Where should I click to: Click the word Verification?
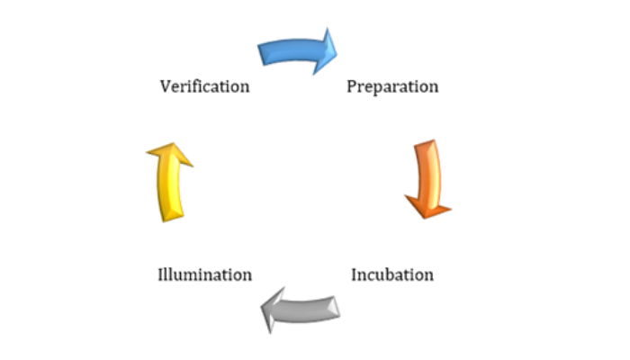click(x=204, y=86)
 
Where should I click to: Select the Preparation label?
click(x=392, y=86)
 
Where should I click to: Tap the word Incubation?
click(x=392, y=274)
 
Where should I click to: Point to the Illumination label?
click(x=205, y=274)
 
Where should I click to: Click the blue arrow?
click(x=297, y=51)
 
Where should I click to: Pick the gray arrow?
click(x=300, y=310)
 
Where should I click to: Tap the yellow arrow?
click(x=170, y=182)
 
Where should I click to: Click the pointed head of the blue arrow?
click(x=337, y=52)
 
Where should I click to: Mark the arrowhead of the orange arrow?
click(x=425, y=219)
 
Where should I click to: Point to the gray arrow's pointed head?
click(x=261, y=309)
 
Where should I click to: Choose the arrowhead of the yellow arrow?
click(x=173, y=143)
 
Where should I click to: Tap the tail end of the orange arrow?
click(x=424, y=142)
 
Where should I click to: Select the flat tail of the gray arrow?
click(x=337, y=307)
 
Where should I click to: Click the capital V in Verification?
click(x=166, y=86)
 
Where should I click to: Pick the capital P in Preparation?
click(x=352, y=86)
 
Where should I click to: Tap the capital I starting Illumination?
click(x=161, y=274)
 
